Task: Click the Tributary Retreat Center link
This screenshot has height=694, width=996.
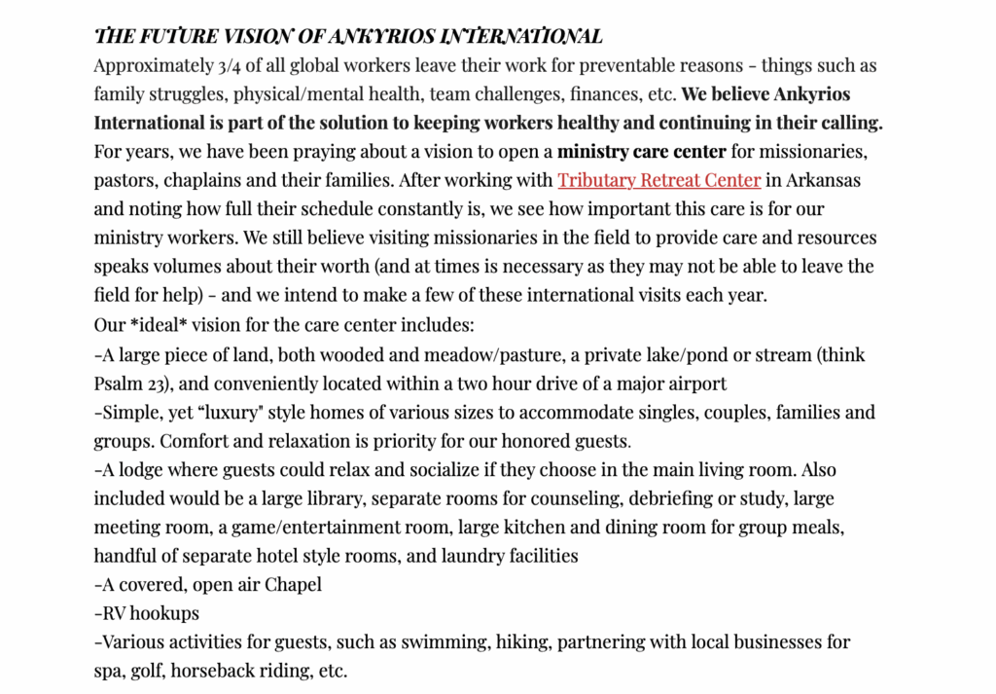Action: point(658,181)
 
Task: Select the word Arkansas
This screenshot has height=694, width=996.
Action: point(823,181)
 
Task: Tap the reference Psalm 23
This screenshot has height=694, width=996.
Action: point(130,384)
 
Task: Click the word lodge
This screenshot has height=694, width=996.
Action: point(138,470)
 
